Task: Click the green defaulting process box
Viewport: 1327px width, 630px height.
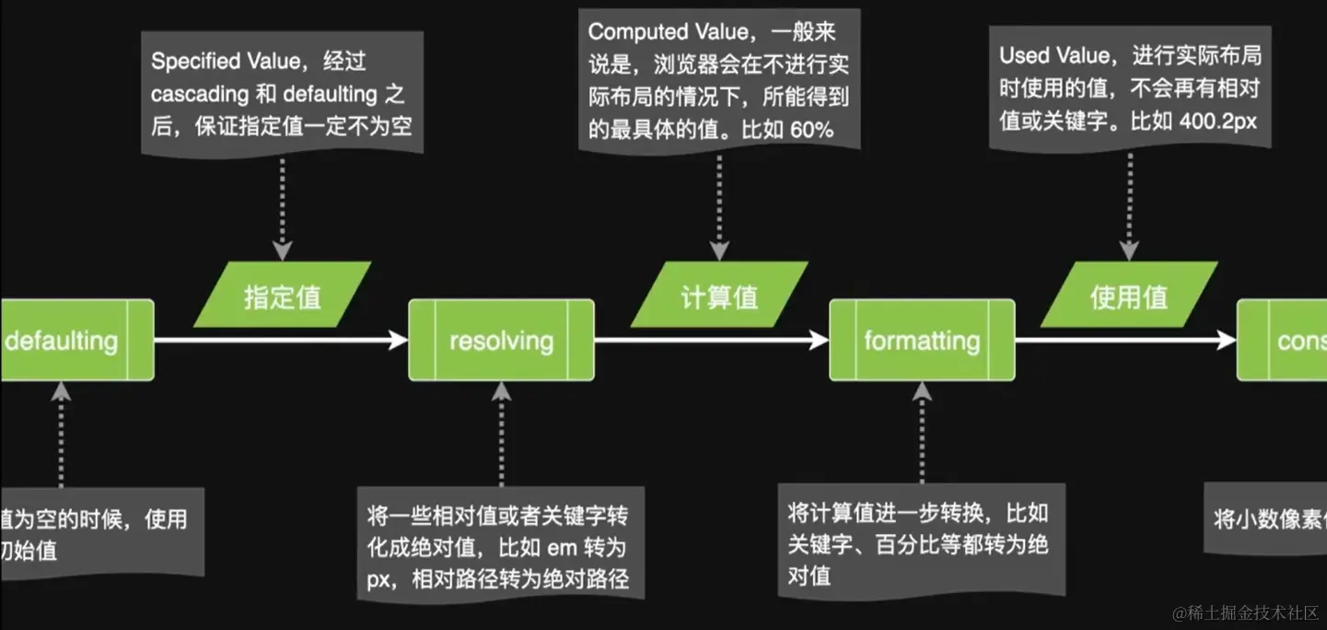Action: [74, 340]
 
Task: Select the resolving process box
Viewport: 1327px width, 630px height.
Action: [501, 340]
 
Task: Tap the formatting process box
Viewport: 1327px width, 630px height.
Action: [921, 340]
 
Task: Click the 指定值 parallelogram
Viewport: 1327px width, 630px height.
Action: [283, 295]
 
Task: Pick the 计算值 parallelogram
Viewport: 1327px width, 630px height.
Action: [719, 295]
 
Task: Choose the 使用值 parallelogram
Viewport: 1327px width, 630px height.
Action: [1128, 295]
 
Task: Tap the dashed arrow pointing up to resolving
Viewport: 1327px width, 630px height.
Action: [502, 433]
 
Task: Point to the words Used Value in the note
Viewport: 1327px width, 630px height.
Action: [1054, 55]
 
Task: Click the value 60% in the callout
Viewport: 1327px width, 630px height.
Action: [811, 129]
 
